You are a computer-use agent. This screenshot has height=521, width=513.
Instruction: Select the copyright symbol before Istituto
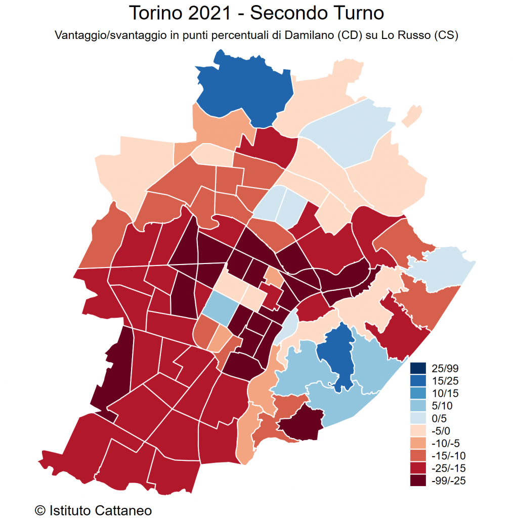(x=40, y=510)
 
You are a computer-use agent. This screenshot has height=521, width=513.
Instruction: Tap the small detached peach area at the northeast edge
(x=412, y=116)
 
